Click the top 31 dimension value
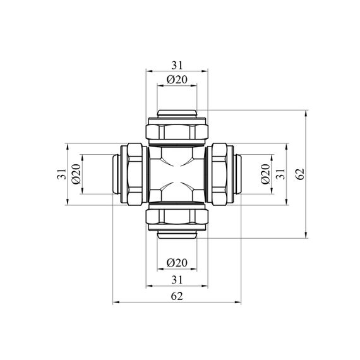[177, 66]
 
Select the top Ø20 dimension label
[177, 80]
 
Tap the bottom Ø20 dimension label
[177, 263]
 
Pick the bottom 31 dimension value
[177, 280]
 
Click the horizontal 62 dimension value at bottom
[177, 296]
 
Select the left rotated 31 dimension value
[61, 174]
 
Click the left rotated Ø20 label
[76, 174]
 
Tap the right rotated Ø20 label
[265, 174]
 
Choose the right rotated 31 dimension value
[280, 174]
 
